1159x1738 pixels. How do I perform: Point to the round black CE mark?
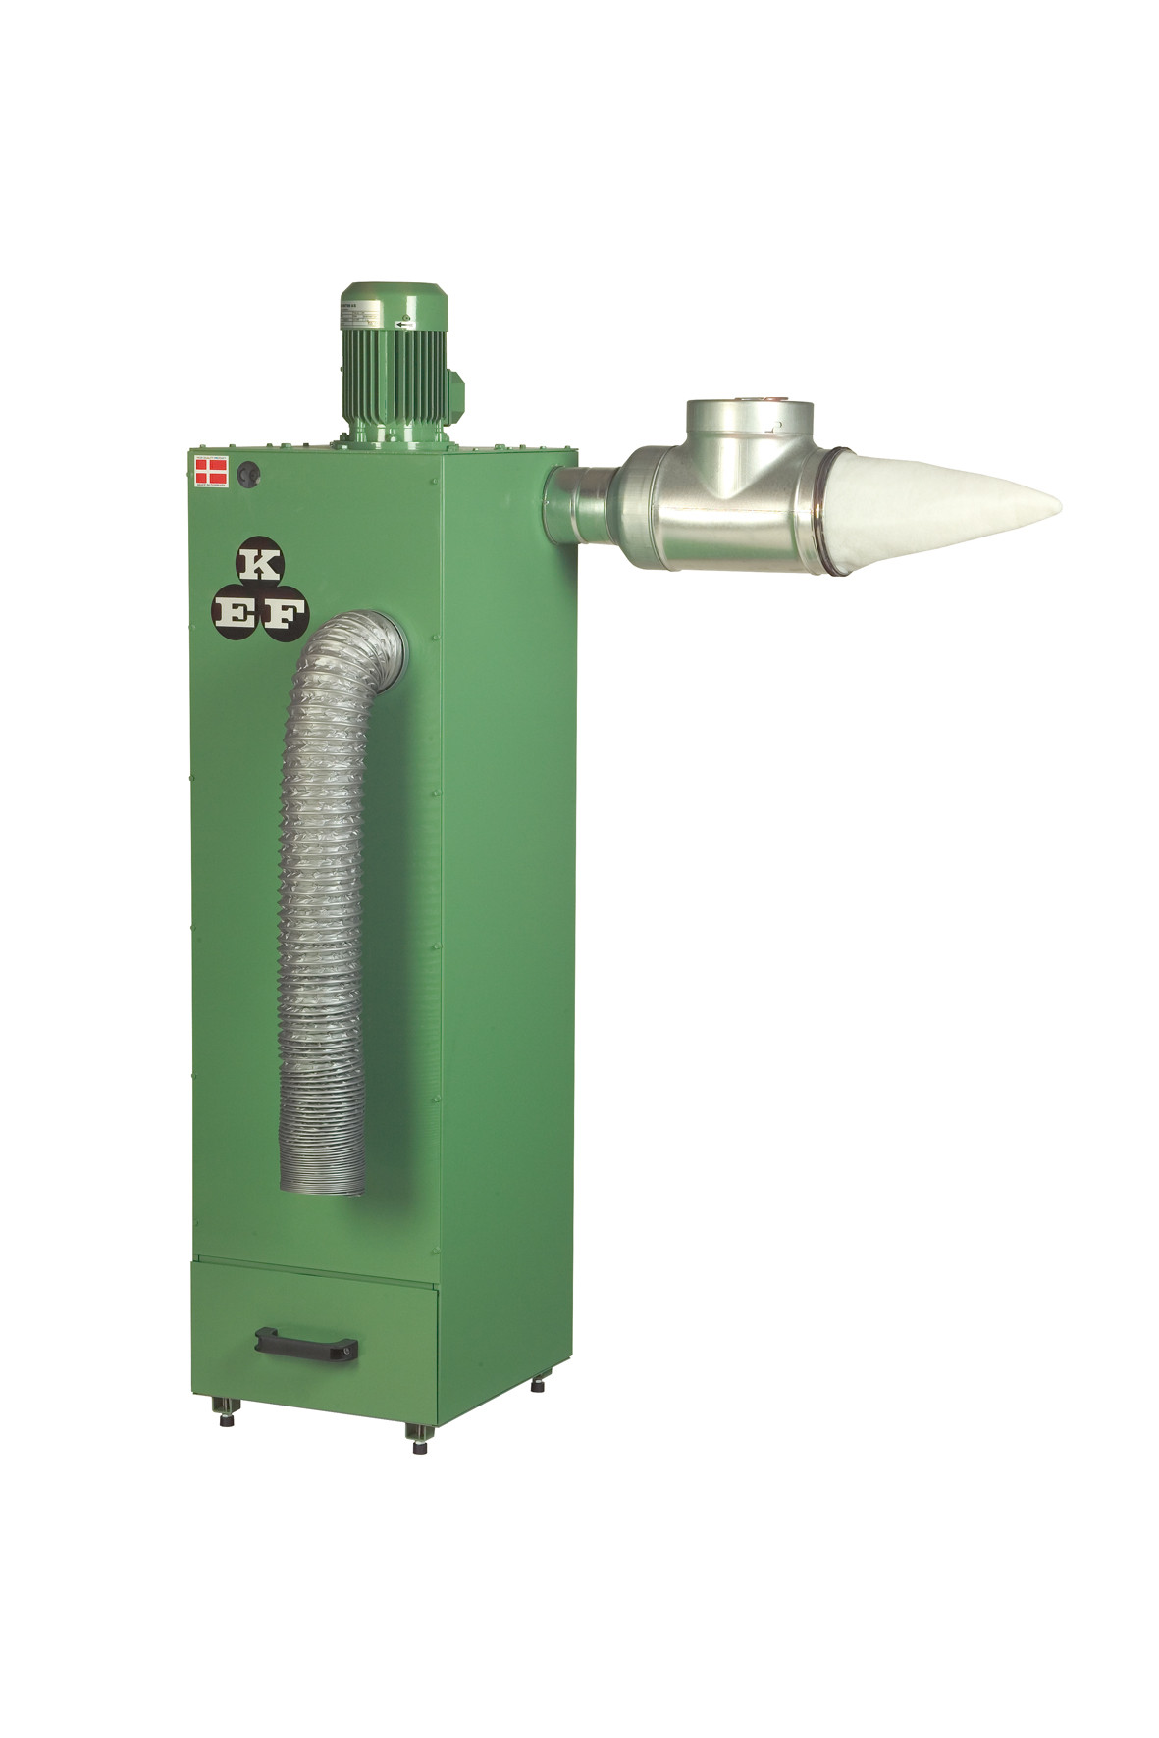pyautogui.click(x=251, y=473)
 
